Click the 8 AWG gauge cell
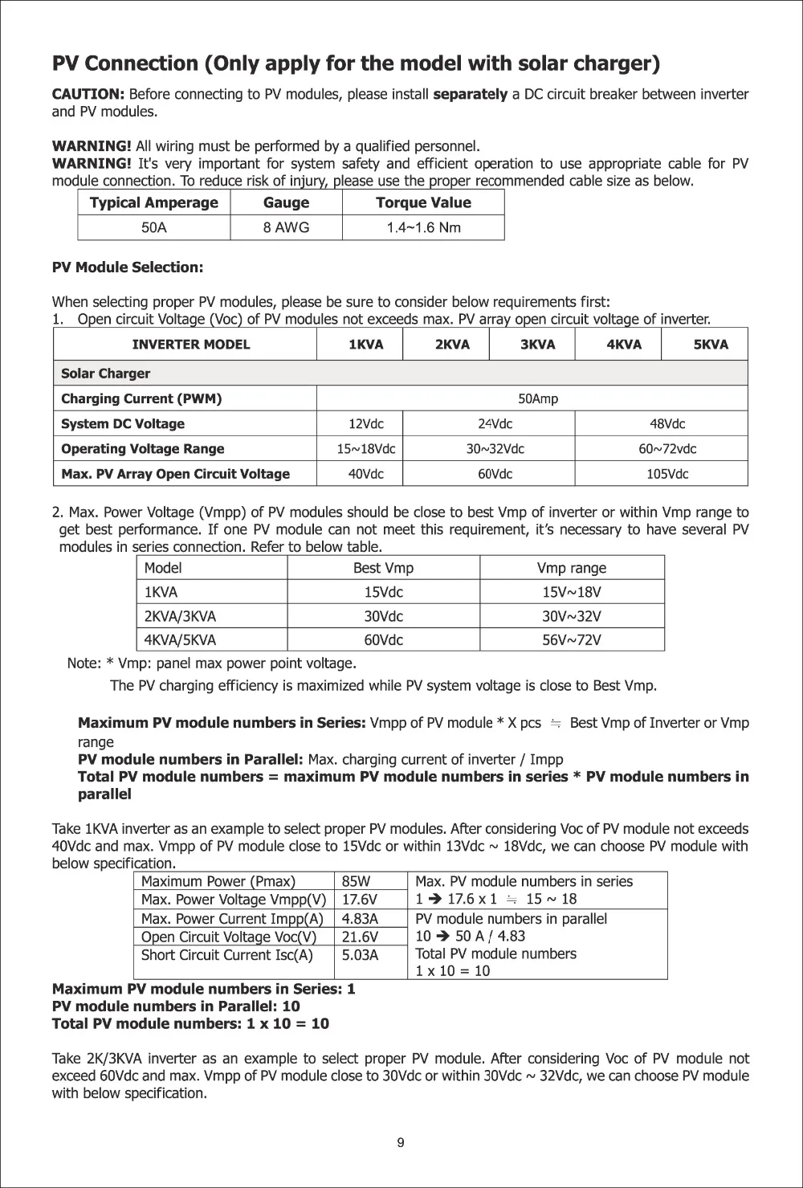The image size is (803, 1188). coord(286,227)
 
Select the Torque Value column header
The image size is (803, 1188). coord(423,202)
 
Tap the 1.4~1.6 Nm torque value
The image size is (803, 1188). coord(423,227)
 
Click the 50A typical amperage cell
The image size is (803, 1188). coord(154,227)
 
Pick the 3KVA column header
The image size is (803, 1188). coord(537,345)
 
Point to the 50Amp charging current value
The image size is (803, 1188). coord(538,398)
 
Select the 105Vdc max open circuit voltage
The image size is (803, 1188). coord(667,474)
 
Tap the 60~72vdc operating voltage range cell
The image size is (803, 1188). coord(667,448)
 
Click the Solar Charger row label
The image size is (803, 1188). coord(106,374)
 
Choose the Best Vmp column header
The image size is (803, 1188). coord(383,568)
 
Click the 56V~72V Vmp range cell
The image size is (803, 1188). coord(572,640)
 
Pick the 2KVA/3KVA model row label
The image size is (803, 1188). coord(180,616)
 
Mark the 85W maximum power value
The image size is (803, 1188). coord(356,881)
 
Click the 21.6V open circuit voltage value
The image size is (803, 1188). coord(359,937)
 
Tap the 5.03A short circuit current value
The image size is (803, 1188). coord(360,955)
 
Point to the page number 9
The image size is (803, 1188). coord(401,1143)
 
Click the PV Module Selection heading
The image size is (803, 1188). coord(128,267)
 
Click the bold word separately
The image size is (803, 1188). coord(471,95)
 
